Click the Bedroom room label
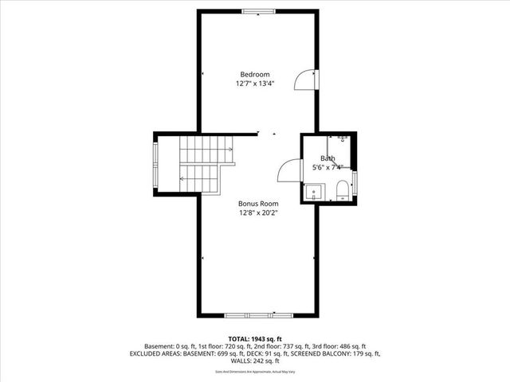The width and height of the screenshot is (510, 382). (254, 74)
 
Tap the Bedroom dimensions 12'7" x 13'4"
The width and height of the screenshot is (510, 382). (254, 83)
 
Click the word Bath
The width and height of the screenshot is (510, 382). (328, 158)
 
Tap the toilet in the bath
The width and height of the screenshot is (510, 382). (342, 189)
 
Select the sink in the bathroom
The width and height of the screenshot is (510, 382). (313, 192)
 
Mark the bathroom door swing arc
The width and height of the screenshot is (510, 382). (288, 170)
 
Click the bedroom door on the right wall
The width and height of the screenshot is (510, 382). (305, 80)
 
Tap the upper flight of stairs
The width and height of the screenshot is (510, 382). (205, 148)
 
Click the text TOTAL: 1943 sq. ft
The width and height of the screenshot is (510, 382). (254, 338)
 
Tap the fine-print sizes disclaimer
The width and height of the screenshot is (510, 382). (254, 372)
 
